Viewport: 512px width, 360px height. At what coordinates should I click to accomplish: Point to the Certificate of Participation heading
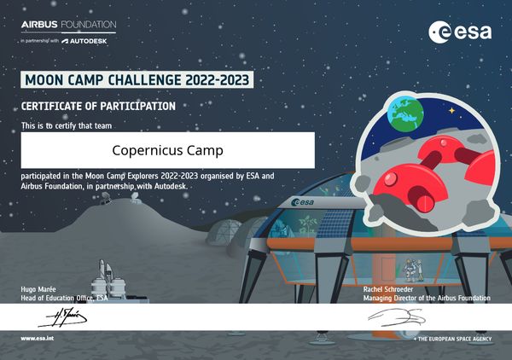[x=98, y=107]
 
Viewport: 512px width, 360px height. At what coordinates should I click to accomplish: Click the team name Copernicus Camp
[x=167, y=150]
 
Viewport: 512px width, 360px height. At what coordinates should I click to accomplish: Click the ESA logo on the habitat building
[x=305, y=202]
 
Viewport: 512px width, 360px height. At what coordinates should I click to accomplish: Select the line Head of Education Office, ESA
[x=64, y=298]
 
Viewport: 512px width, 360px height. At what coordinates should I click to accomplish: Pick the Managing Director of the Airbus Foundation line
[x=426, y=298]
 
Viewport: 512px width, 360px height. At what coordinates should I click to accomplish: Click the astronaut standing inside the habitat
[x=410, y=270]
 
